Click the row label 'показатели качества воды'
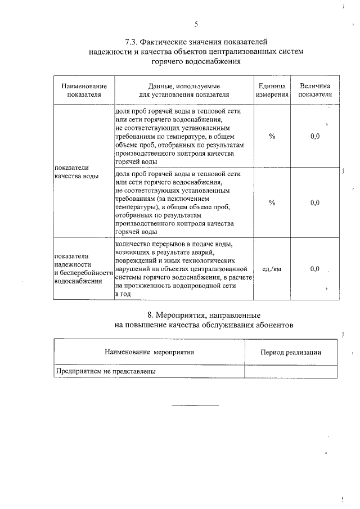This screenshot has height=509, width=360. pos(76,172)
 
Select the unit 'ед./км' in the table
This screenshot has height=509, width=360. pos(272,269)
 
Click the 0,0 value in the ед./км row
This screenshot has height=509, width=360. pos(315,269)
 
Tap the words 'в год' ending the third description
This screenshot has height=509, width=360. pos(122,294)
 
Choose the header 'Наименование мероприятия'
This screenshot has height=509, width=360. pos(149,352)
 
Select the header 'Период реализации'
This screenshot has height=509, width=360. pos(291,352)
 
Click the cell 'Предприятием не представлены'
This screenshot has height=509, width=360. pos(105,372)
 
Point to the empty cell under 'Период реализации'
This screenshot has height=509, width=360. pos(291,372)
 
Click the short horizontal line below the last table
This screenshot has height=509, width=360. pos(195,405)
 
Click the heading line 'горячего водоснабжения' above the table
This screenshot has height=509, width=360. pos(196,61)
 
